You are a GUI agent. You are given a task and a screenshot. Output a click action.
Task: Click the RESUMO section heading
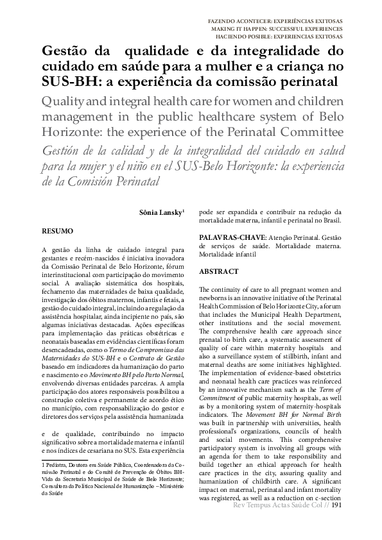57,230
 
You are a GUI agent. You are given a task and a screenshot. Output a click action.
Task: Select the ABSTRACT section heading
218,272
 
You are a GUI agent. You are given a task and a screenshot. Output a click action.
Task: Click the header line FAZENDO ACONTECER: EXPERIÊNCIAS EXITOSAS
275,21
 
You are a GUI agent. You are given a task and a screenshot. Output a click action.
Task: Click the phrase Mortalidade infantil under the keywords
227,255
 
